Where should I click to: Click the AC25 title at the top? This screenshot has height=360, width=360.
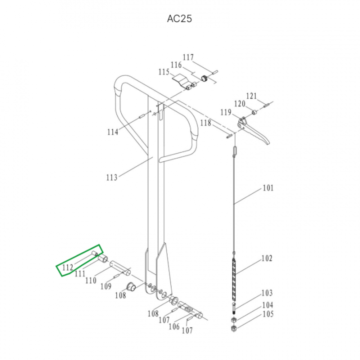coord(179,18)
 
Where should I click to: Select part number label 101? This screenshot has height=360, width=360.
coord(268,188)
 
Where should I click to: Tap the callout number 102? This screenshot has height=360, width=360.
coord(267,258)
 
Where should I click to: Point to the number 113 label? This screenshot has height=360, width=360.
coord(112,177)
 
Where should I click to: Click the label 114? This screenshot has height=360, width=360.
coord(112,132)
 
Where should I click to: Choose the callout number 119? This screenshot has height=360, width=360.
coord(226,112)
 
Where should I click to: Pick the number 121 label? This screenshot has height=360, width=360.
coord(251,96)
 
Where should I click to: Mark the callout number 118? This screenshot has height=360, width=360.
coord(205,123)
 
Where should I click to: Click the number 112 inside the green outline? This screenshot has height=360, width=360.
coord(67,267)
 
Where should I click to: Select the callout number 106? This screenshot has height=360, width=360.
coord(174,326)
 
